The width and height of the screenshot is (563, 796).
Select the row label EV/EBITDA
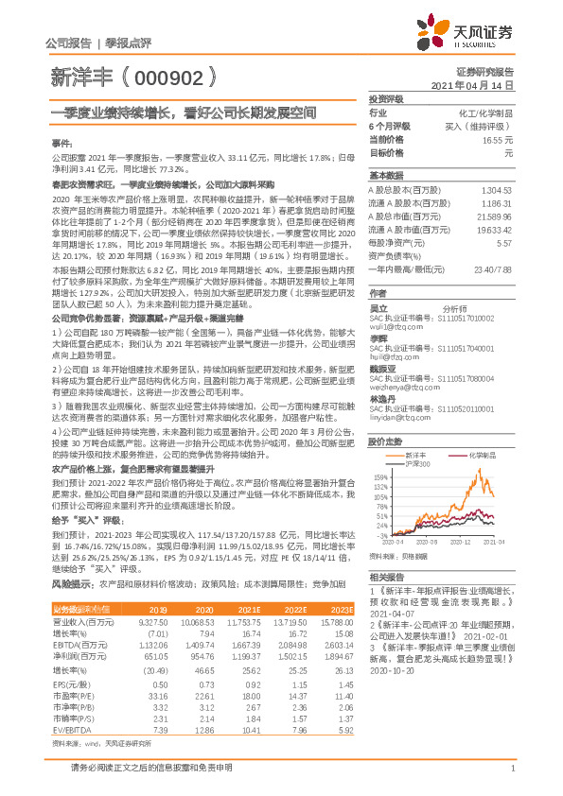(68, 702)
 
